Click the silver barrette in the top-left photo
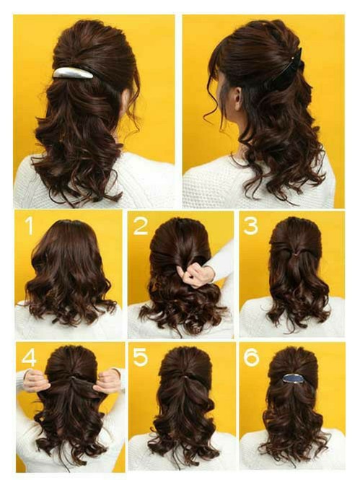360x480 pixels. coord(73,73)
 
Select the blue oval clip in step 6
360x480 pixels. coord(292,378)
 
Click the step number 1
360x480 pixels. coord(29,226)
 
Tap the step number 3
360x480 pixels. coord(251,226)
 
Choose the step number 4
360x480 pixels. coord(29,357)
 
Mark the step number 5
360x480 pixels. coord(141,357)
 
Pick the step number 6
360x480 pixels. coord(251,357)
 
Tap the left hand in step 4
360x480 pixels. coord(36,381)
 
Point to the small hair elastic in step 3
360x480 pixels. coord(295,254)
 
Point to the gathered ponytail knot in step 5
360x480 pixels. coord(183,376)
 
